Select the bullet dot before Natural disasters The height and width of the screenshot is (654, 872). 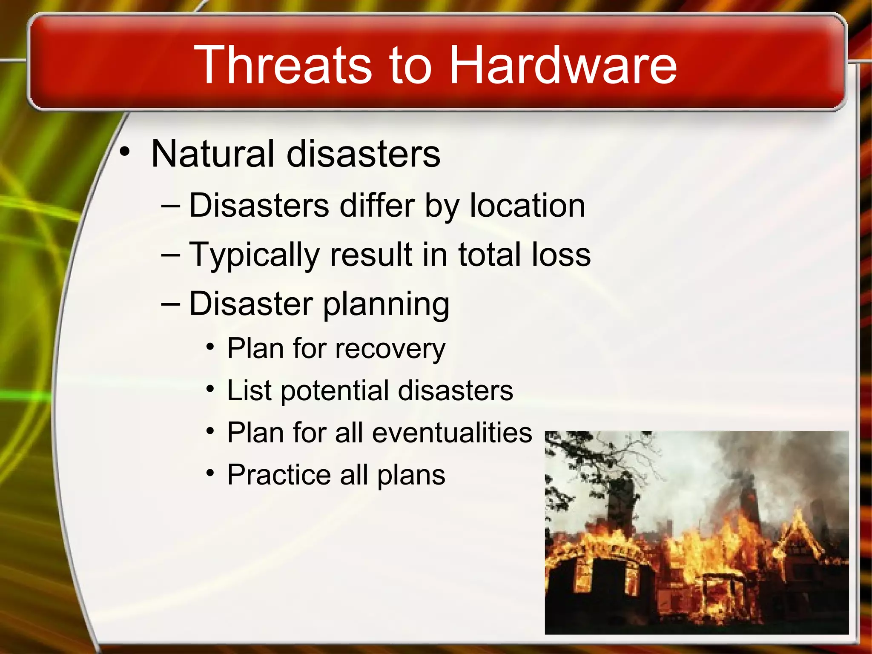(x=124, y=152)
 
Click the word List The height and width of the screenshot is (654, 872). (x=249, y=390)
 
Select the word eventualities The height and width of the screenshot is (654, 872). (x=452, y=433)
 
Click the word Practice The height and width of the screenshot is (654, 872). (x=279, y=475)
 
